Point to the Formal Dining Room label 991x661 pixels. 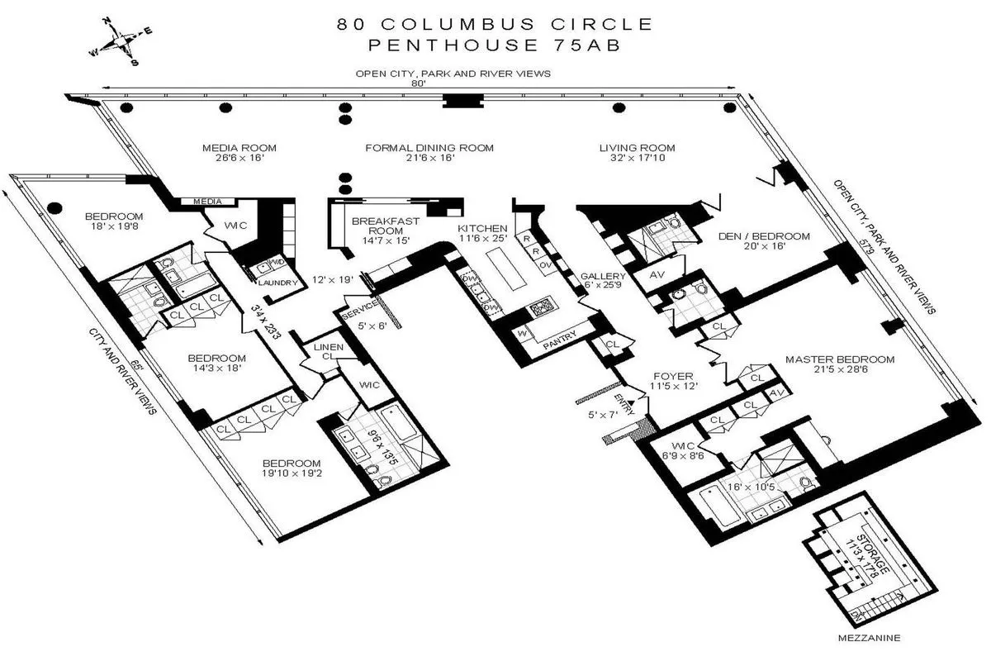[429, 148]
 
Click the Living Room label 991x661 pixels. [633, 148]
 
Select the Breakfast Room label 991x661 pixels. [386, 226]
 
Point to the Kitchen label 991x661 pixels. [483, 228]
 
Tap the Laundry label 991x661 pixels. [275, 282]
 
